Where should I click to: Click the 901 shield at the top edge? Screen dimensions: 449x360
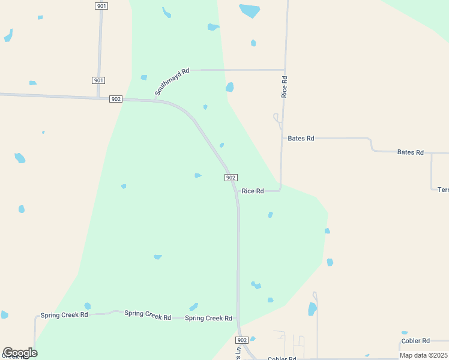101,5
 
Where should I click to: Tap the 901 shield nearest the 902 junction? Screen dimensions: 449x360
99,80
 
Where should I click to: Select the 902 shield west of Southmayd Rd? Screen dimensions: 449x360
116,99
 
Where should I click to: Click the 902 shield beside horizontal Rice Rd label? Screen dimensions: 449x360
231,178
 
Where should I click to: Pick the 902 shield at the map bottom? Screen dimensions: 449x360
243,340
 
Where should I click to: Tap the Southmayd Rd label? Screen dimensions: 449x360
172,82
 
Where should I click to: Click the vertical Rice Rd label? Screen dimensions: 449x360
285,87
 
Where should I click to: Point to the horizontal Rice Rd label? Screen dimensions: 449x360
253,191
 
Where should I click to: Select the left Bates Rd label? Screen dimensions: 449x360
301,139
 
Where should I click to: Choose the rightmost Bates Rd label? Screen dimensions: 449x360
411,152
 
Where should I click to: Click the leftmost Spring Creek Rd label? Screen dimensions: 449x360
64,315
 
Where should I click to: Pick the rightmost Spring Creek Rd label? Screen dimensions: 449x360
208,318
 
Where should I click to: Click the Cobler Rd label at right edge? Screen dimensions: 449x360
415,341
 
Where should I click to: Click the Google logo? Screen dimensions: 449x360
20,353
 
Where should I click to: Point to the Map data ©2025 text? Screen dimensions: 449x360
424,355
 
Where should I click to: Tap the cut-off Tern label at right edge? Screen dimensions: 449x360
443,190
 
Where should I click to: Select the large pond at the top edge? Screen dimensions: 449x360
250,11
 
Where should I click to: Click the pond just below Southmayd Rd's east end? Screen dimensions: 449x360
229,88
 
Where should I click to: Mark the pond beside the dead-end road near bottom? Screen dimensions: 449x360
312,309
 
